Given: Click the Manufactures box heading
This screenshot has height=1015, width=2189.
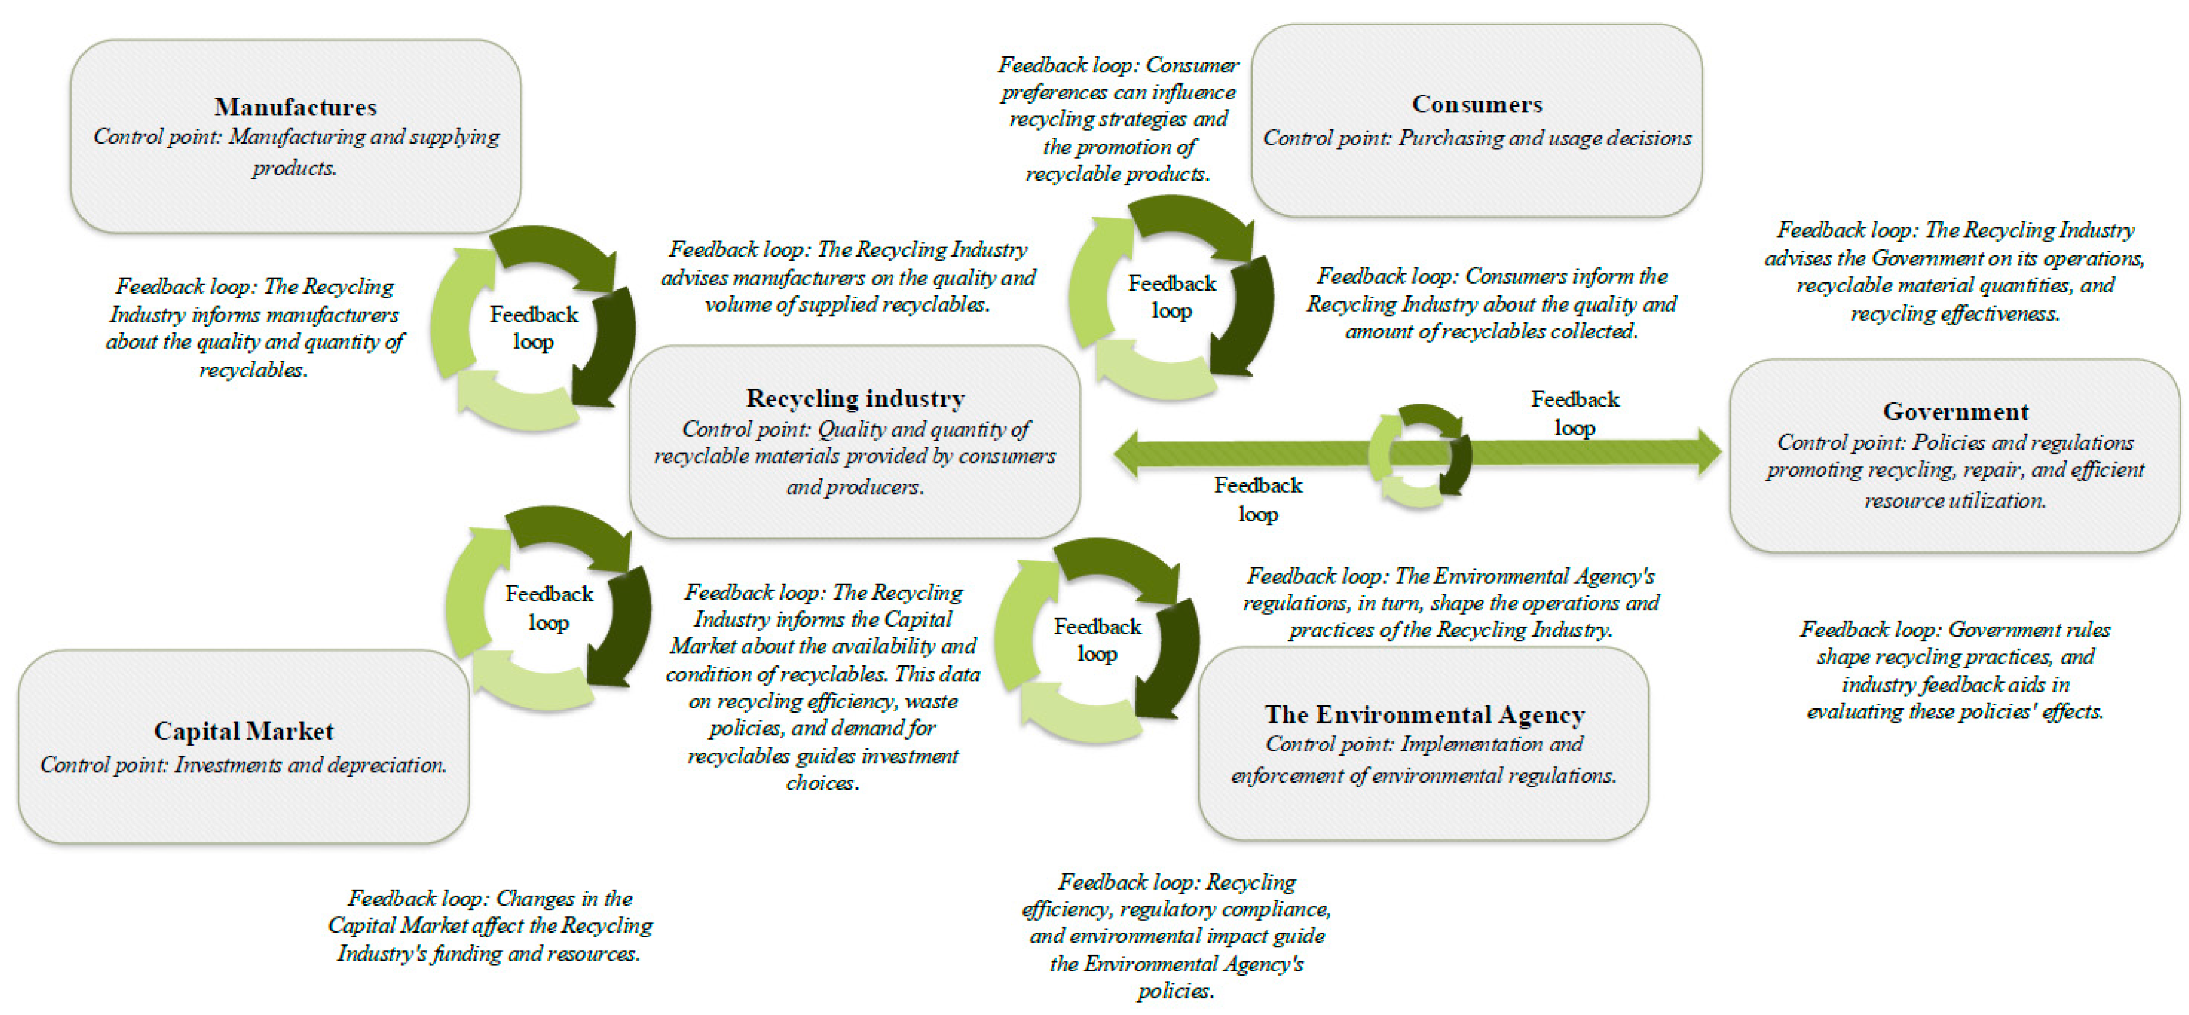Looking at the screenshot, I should (x=295, y=107).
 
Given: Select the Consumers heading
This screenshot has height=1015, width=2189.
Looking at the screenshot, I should (x=1477, y=104).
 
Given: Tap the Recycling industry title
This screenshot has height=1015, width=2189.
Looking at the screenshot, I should (x=855, y=398).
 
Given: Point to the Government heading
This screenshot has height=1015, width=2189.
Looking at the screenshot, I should (x=1955, y=411).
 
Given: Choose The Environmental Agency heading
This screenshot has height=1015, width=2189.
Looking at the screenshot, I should (x=1424, y=714).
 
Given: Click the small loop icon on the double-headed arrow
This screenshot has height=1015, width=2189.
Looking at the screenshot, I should (x=1419, y=454).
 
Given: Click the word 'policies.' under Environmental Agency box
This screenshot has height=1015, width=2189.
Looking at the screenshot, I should (x=1176, y=990).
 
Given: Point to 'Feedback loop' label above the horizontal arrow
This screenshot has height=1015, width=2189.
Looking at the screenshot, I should (x=1575, y=413).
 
